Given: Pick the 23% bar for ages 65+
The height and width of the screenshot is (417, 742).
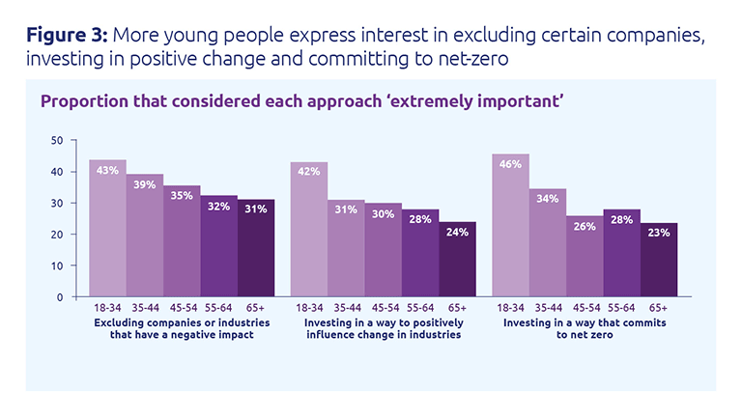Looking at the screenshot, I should [660, 260].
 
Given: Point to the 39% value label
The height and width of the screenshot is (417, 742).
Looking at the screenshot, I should [145, 185].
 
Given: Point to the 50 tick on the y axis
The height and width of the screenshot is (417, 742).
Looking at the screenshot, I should [57, 140].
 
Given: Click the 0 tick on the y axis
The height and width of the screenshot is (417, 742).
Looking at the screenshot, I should [61, 297].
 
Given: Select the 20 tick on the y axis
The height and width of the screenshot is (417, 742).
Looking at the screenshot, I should [57, 235].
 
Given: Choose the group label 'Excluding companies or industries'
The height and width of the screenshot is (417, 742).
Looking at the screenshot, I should [182, 320].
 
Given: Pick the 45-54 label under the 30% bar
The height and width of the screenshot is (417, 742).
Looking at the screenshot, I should [384, 309].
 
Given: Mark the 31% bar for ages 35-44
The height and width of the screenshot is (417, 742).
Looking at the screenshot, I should [346, 248].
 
